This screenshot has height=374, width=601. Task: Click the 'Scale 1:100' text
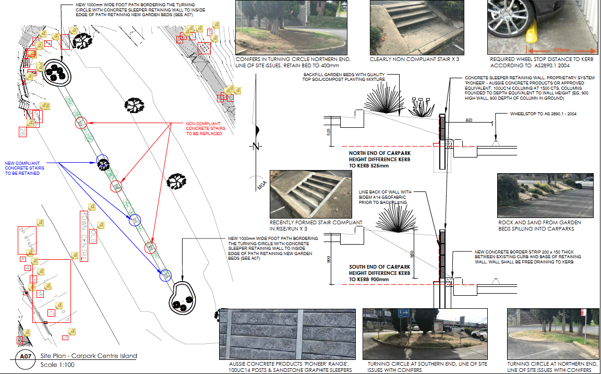57,365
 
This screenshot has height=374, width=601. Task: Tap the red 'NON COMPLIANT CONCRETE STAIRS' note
206,129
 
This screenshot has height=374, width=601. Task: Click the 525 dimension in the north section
329,132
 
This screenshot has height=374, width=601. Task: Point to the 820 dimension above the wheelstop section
470,120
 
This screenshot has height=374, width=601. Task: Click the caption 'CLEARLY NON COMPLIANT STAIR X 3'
414,59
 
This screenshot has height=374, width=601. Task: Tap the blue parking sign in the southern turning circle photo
403,313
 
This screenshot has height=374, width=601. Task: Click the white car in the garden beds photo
587,183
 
